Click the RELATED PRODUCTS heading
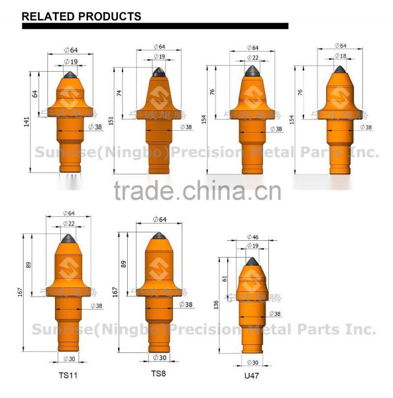click(82, 16)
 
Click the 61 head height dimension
click(225, 278)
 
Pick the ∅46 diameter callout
click(253, 237)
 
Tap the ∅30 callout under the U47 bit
click(253, 362)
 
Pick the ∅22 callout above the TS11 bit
click(69, 224)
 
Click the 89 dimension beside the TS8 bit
click(123, 264)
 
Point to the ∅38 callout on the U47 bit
click(275, 313)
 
